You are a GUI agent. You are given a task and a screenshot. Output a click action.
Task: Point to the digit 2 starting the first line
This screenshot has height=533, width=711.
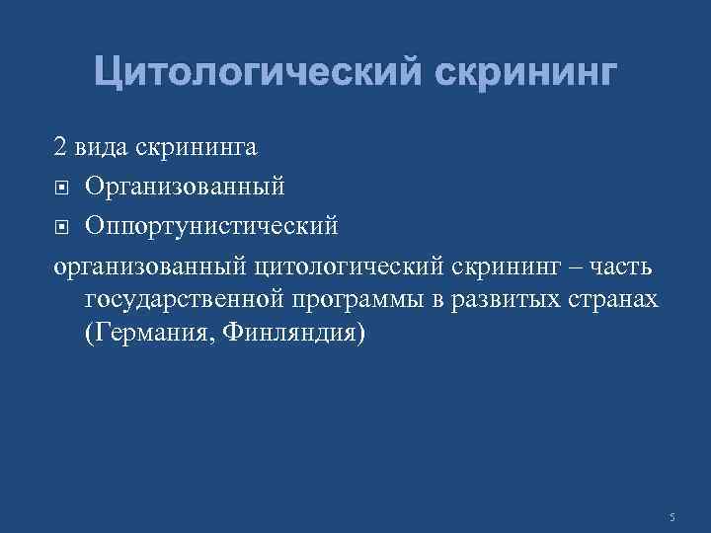(60, 148)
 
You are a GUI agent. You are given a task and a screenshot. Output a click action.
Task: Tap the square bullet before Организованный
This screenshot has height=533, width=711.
(61, 187)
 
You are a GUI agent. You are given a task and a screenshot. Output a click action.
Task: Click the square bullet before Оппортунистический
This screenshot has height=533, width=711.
(61, 226)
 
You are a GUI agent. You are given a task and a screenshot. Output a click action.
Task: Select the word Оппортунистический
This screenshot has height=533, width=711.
(211, 225)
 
